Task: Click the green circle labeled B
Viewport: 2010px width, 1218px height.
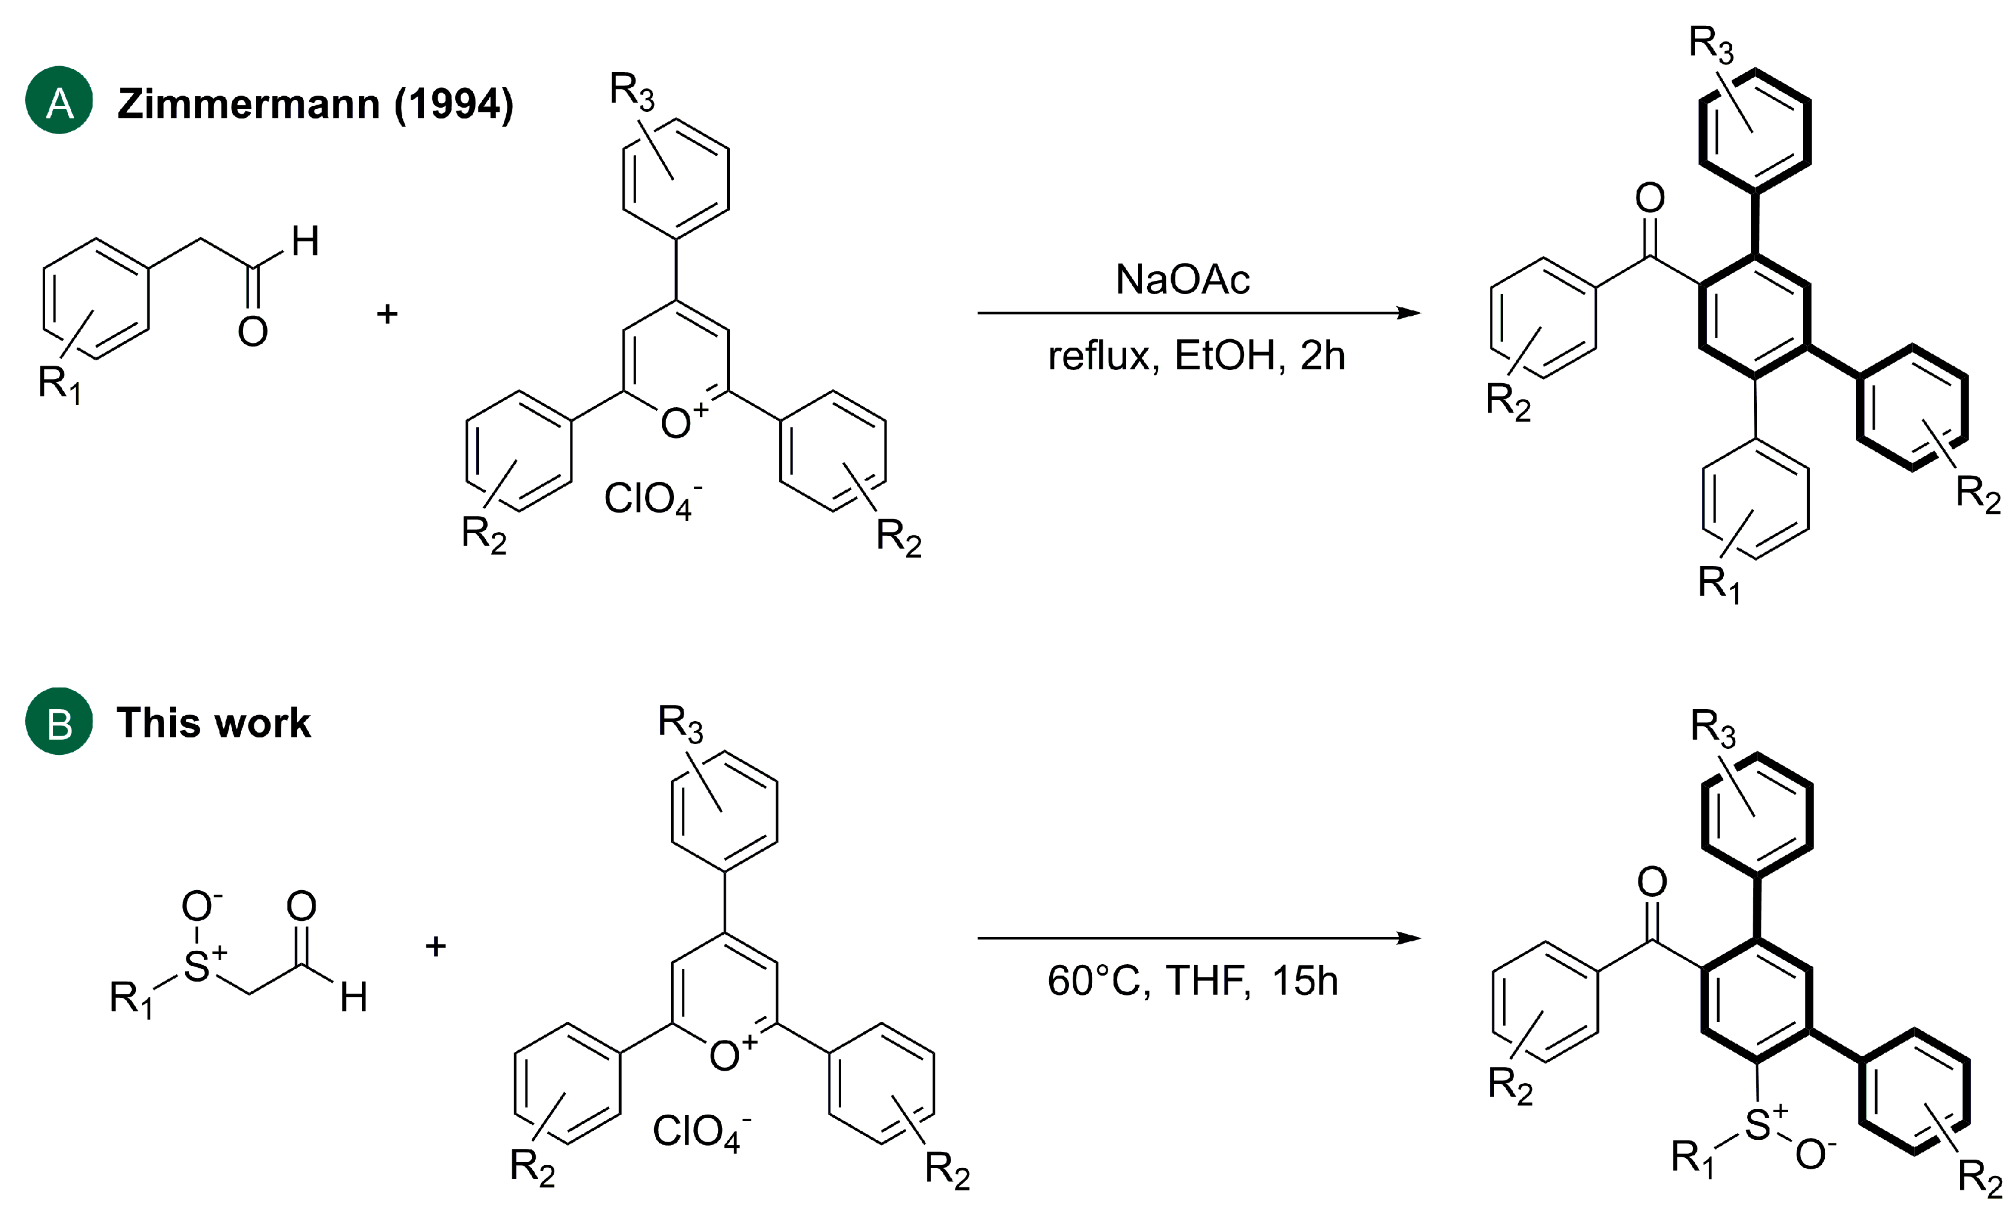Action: coord(59,721)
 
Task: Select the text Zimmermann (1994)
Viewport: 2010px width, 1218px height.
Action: coord(315,105)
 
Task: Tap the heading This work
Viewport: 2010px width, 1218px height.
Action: coord(213,723)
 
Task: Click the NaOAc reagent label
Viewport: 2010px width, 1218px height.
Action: coord(1182,280)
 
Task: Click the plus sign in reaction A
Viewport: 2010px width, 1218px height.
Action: coord(387,313)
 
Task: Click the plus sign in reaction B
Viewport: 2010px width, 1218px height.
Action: coord(435,946)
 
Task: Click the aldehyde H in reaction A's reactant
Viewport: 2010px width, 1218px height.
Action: coord(305,241)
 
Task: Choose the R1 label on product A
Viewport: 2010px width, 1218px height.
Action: coord(1719,584)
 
